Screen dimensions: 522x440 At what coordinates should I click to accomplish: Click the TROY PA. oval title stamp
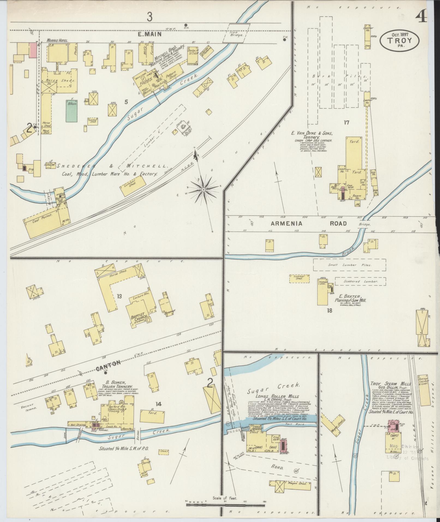point(400,40)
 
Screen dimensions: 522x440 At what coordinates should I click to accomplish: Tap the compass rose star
point(203,189)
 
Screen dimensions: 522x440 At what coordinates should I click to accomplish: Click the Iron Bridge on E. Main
point(236,33)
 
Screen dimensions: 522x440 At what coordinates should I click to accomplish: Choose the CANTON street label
point(108,363)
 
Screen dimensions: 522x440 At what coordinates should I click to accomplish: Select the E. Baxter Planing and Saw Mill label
point(350,298)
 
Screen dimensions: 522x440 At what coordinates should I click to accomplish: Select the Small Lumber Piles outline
point(349,265)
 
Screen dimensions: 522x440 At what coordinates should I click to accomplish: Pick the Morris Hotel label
point(57,40)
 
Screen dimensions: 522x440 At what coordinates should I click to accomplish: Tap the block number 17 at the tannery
point(346,123)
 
